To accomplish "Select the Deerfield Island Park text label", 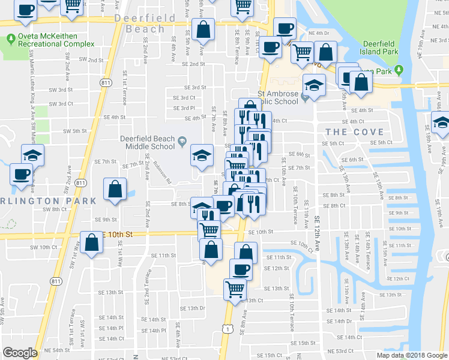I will pos(388,48).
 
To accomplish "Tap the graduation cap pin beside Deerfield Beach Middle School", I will pos(202,156).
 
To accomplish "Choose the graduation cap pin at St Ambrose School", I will pos(314,85).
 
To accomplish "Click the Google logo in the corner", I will pos(20,353).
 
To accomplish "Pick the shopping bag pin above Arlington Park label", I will pos(115,190).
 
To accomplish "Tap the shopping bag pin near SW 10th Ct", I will pos(92,244).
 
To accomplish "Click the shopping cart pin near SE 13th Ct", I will pos(235,289).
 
